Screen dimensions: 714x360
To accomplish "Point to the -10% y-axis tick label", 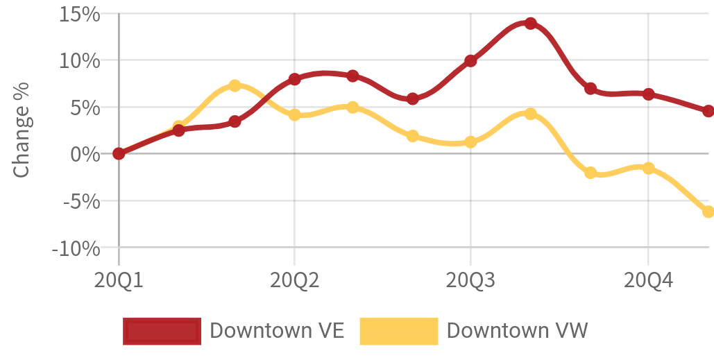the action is pos(76,249).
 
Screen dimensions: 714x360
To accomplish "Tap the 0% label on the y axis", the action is pos(85,154).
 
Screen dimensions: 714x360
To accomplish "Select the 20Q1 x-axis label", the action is pos(119,281).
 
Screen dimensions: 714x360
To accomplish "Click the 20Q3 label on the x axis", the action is pos(470,281).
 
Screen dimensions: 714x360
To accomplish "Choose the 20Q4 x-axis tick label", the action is pos(648,281).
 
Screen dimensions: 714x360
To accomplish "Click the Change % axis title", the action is pos(22,130).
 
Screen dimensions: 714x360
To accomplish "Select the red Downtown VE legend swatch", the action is pos(162,331).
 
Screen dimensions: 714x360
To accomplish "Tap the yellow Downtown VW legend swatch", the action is pos(399,331).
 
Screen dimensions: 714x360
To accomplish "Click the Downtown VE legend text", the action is pos(277,330).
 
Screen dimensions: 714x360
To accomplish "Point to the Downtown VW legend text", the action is pos(518,330).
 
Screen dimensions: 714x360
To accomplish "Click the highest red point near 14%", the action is pos(530,23).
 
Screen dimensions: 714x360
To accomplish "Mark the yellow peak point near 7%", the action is pos(235,85).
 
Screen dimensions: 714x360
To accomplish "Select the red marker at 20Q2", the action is pos(295,79).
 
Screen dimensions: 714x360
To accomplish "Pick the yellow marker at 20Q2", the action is pos(295,114).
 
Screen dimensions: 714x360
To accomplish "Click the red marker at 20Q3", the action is pos(470,60).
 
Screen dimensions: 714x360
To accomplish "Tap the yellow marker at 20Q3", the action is pos(470,142).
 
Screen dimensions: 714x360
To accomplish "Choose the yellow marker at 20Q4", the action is pos(648,169).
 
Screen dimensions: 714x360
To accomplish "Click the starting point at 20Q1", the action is pos(119,154).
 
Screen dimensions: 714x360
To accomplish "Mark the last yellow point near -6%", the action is pos(708,212).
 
